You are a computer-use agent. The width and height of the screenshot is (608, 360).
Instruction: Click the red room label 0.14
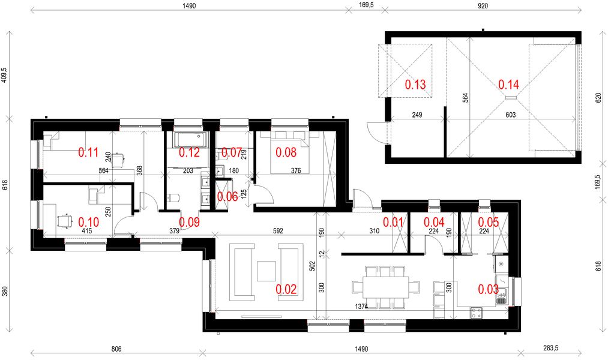pos(509,85)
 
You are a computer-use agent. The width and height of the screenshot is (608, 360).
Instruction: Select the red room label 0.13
pos(415,85)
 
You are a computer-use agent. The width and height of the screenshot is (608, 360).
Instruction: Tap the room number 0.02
pos(286,289)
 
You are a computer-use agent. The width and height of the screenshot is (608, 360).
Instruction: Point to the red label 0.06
pos(227,197)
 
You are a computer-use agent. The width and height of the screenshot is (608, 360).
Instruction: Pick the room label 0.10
pos(88,221)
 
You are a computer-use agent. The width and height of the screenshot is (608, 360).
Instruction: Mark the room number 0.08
pos(286,152)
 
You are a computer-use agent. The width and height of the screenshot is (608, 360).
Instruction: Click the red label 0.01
pos(394,222)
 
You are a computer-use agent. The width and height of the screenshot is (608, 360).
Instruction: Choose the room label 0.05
pos(488,222)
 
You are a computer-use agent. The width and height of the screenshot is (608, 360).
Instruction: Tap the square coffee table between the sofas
pos(266,272)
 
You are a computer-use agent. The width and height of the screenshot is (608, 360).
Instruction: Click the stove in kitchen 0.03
pos(477,312)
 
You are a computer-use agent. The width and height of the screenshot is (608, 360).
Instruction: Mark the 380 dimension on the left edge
pos(5,291)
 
